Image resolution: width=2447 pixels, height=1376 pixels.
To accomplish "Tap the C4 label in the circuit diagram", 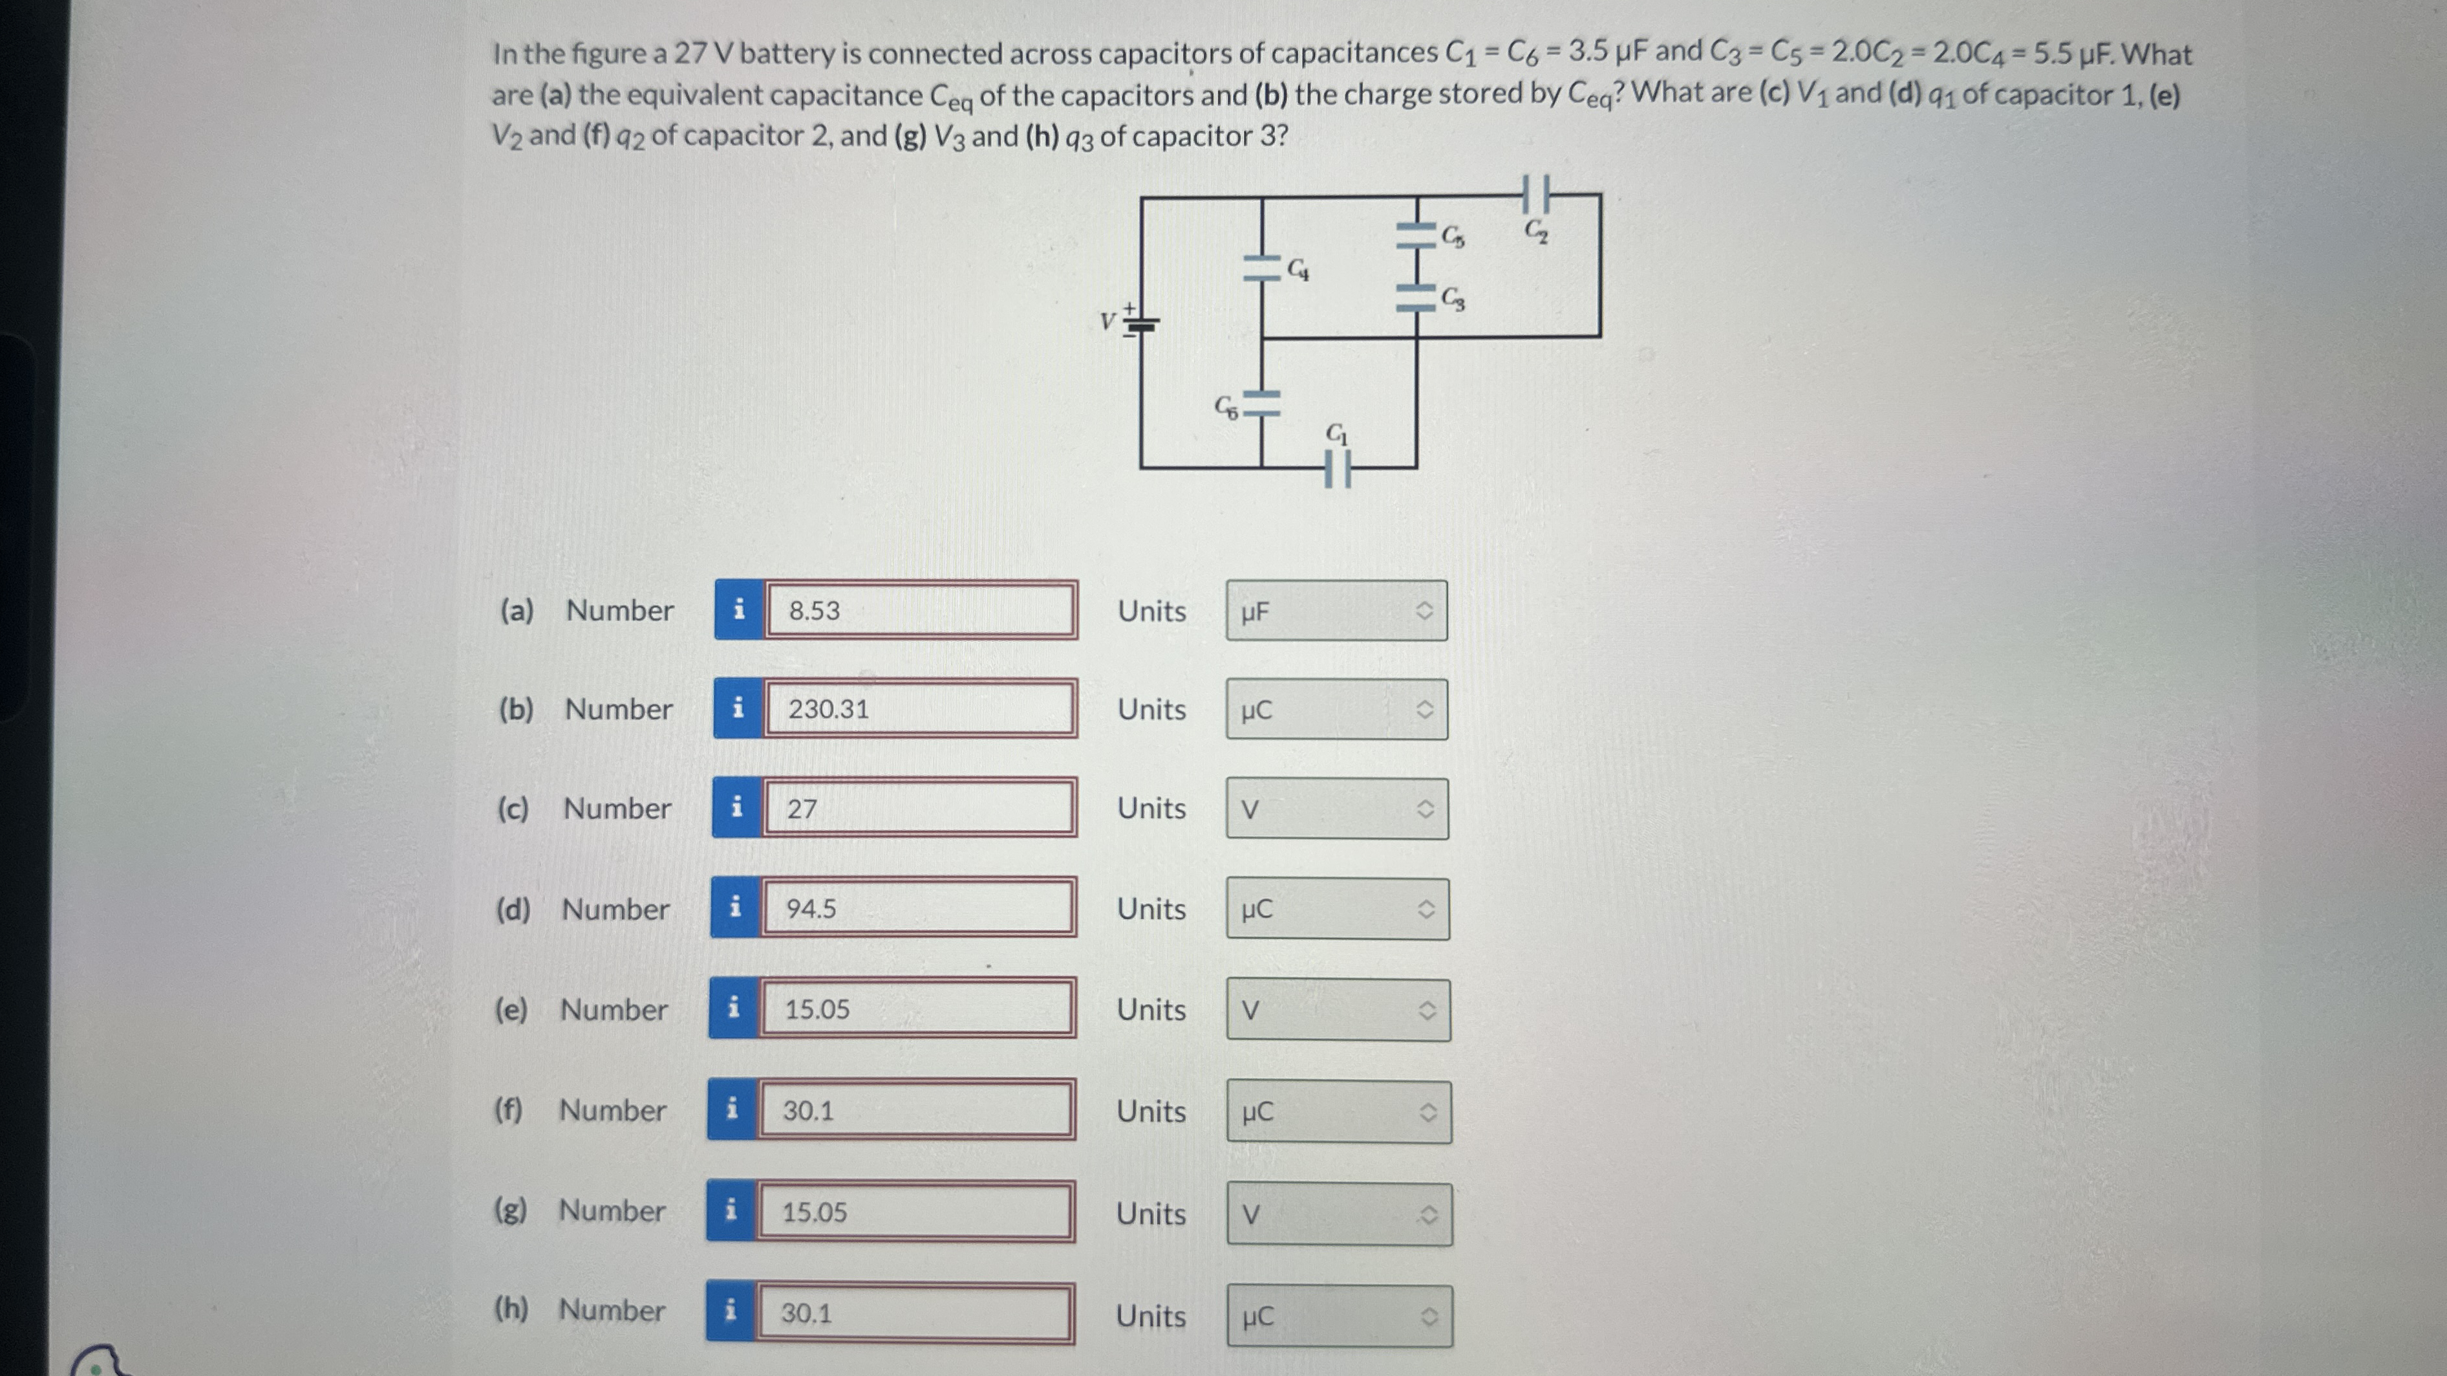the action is [x=1298, y=271].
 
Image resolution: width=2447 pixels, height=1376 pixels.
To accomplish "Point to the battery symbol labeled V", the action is [x=1139, y=323].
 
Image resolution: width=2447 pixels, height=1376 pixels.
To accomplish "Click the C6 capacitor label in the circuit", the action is [x=1226, y=409].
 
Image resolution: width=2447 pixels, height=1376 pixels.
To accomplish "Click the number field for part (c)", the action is [x=919, y=809].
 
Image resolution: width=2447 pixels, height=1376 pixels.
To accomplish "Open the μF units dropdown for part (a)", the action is [x=1336, y=611].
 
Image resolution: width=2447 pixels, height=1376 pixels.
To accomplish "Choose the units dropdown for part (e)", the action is [x=1338, y=1010].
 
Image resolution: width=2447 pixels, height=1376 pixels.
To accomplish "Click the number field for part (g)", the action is [x=915, y=1212].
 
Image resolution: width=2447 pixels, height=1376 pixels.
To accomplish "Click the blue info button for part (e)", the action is [x=733, y=1009].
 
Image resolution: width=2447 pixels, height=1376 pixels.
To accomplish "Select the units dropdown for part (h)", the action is [x=1338, y=1316].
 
